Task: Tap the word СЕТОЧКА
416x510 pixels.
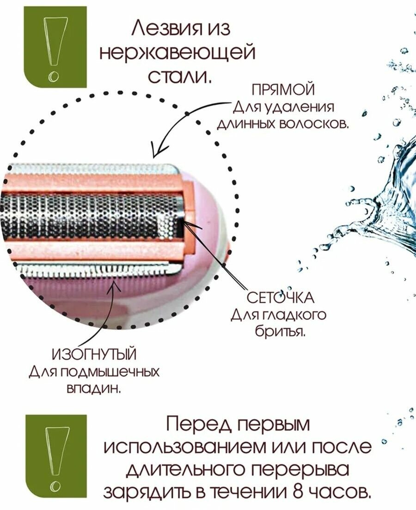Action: (x=281, y=298)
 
